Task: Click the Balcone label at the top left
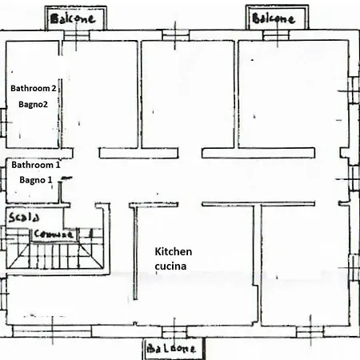click(x=73, y=18)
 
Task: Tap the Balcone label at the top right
click(x=274, y=18)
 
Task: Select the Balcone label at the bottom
click(x=174, y=350)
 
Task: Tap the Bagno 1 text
click(x=36, y=181)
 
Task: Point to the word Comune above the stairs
click(x=54, y=234)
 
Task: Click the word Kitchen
click(x=174, y=252)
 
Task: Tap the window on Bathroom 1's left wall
click(x=4, y=177)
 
